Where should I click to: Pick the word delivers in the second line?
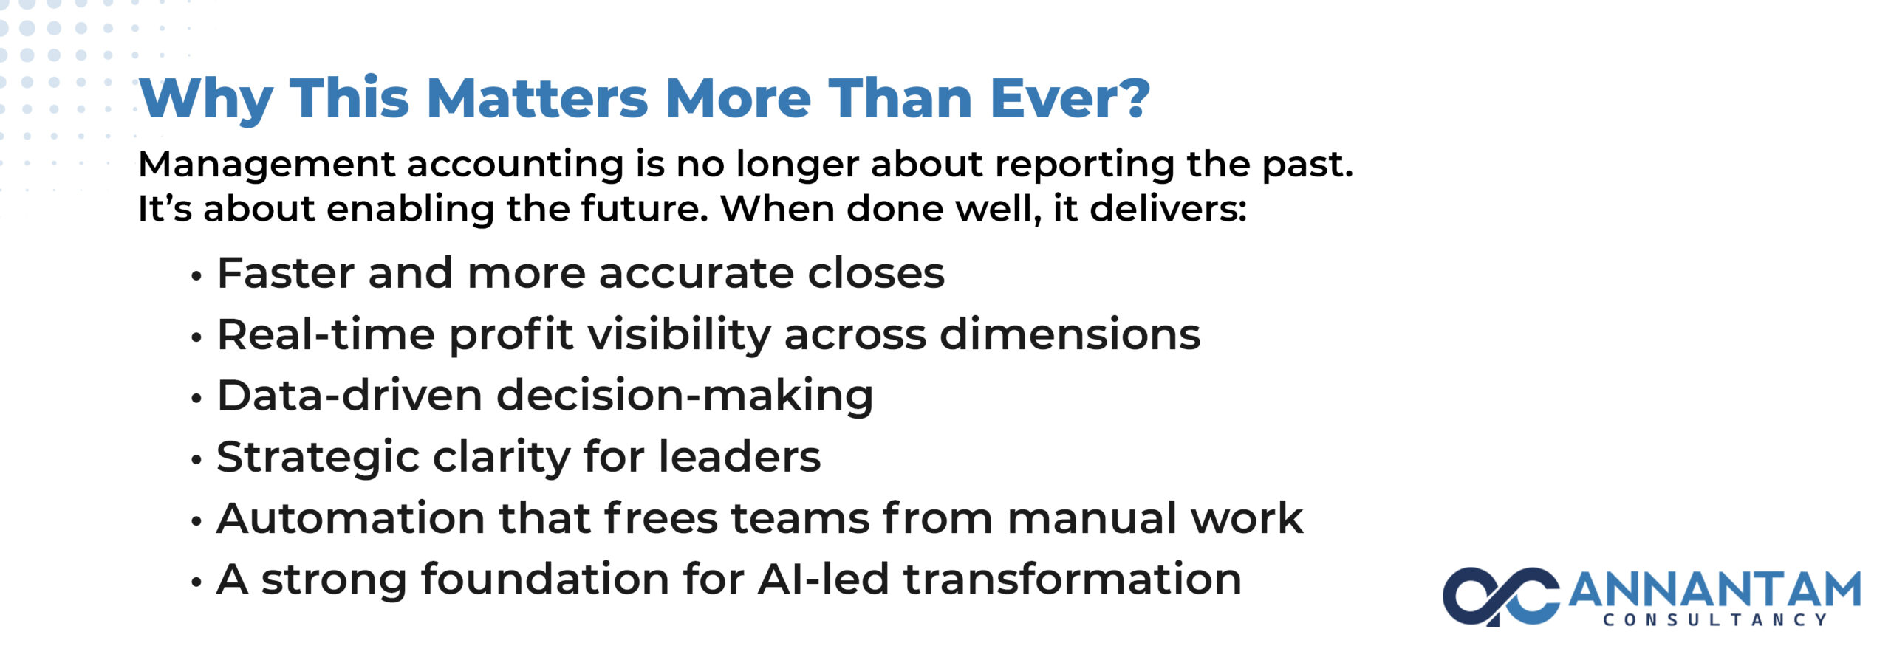click(1168, 208)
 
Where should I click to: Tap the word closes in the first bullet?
click(876, 273)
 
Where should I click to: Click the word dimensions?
click(1070, 334)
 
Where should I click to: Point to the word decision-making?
click(685, 397)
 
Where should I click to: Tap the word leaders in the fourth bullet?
click(739, 457)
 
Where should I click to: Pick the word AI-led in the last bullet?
click(823, 579)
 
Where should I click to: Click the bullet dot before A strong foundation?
click(196, 582)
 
